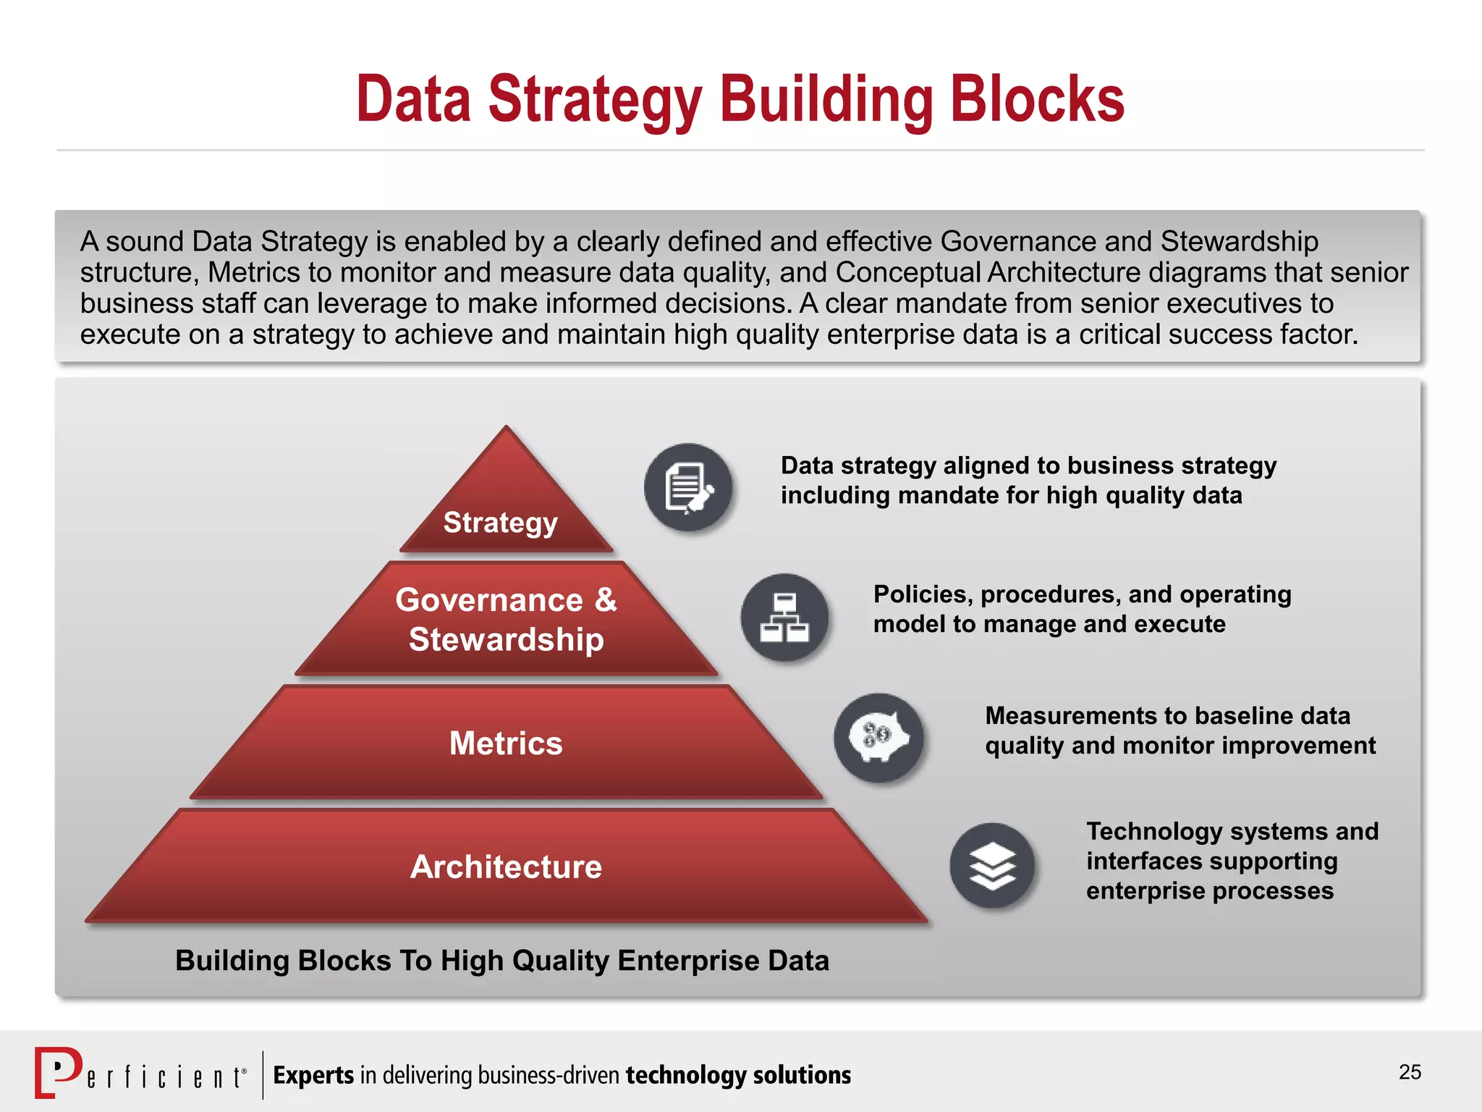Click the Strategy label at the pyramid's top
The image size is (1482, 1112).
click(x=500, y=523)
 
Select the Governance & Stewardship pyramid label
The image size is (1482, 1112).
click(x=506, y=620)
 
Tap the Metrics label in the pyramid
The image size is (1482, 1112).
click(x=506, y=744)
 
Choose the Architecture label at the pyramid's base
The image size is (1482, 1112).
click(x=506, y=867)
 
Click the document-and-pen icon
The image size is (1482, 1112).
click(x=688, y=487)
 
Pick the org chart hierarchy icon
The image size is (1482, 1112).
click(x=784, y=618)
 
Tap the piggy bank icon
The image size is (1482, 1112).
click(x=878, y=738)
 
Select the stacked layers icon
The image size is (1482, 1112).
click(x=993, y=866)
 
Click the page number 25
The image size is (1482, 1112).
click(x=1410, y=1072)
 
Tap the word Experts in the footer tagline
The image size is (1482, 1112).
click(x=313, y=1075)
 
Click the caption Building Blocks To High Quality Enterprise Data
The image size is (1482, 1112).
click(x=502, y=961)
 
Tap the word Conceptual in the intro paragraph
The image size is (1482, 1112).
click(x=908, y=273)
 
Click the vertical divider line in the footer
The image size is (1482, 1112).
click(x=263, y=1074)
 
